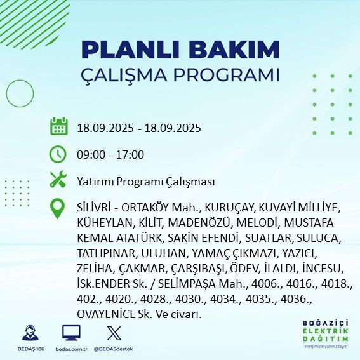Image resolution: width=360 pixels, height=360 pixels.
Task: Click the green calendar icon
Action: (58, 127)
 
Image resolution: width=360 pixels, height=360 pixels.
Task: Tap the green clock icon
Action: (58, 154)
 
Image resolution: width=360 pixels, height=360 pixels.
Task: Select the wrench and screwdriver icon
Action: (58, 180)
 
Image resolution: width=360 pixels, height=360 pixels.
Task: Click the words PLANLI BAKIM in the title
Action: (180, 49)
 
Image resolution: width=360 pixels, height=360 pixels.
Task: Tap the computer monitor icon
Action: (71, 332)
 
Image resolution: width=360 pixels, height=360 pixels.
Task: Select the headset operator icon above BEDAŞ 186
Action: (29, 332)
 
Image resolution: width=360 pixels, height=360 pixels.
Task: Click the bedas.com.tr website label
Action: (71, 349)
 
